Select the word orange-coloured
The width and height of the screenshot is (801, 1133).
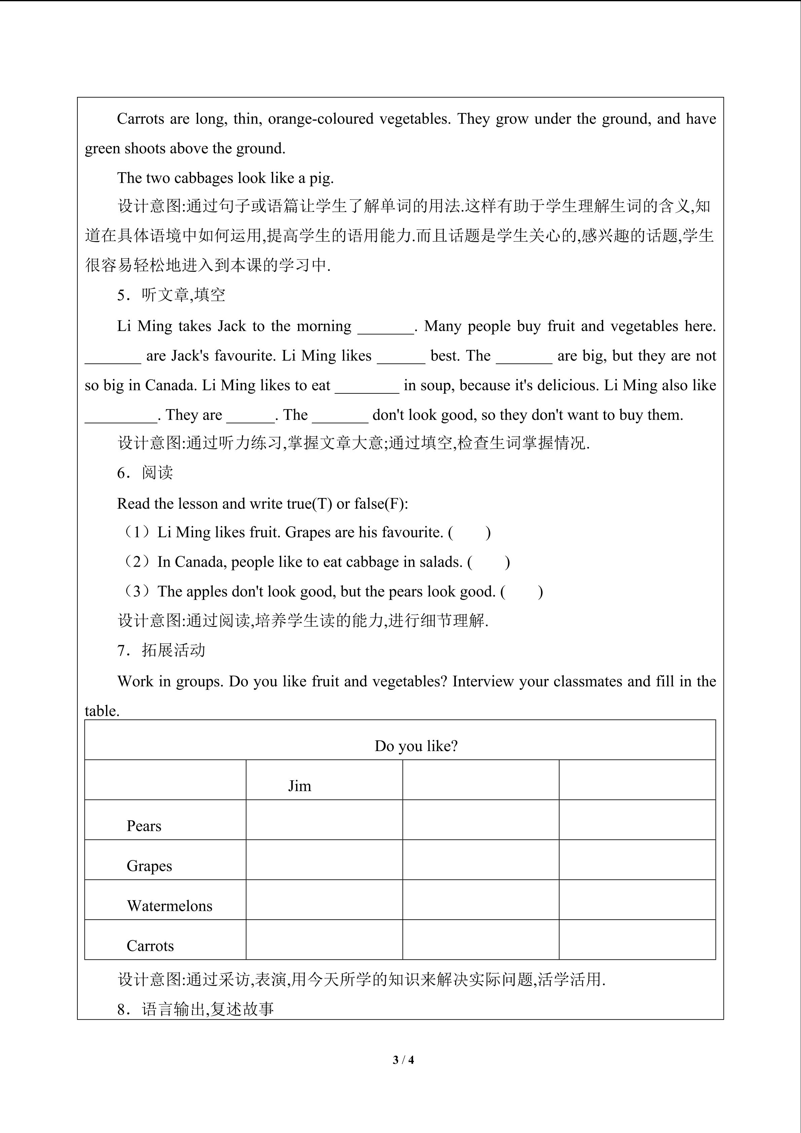point(321,119)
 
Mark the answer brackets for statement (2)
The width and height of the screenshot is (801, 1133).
point(488,562)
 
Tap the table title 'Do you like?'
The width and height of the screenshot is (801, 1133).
point(416,746)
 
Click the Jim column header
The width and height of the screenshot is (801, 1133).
point(299,786)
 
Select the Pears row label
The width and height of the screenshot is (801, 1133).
point(144,826)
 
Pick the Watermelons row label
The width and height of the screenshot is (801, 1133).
point(169,906)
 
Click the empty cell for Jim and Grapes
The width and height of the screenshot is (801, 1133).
point(324,860)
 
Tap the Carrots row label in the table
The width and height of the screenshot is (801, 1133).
point(150,946)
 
